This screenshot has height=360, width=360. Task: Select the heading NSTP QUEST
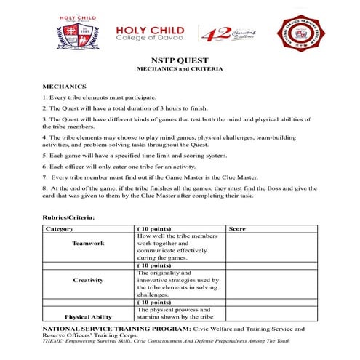point(180,60)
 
